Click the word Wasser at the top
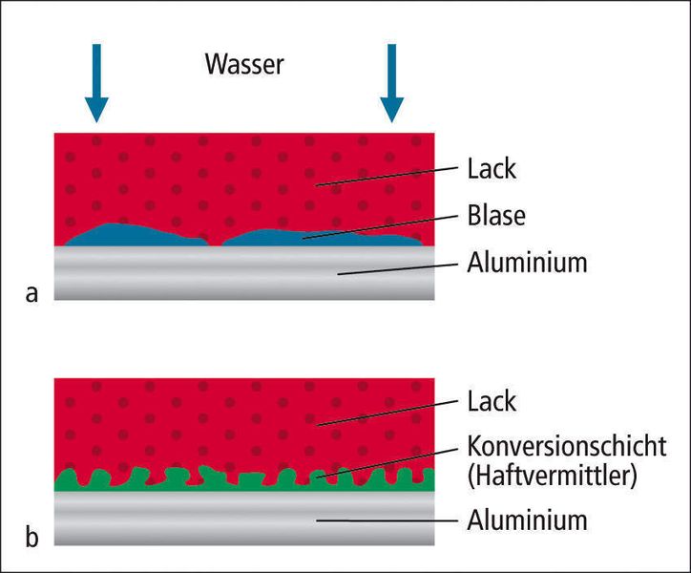tap(244, 65)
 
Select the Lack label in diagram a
tap(492, 169)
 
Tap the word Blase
tap(496, 217)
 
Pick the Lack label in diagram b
tap(492, 401)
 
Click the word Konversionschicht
tap(567, 447)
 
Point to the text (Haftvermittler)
tap(551, 476)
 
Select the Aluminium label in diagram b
tap(527, 521)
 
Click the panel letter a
tap(32, 293)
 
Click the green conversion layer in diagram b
tap(239, 481)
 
